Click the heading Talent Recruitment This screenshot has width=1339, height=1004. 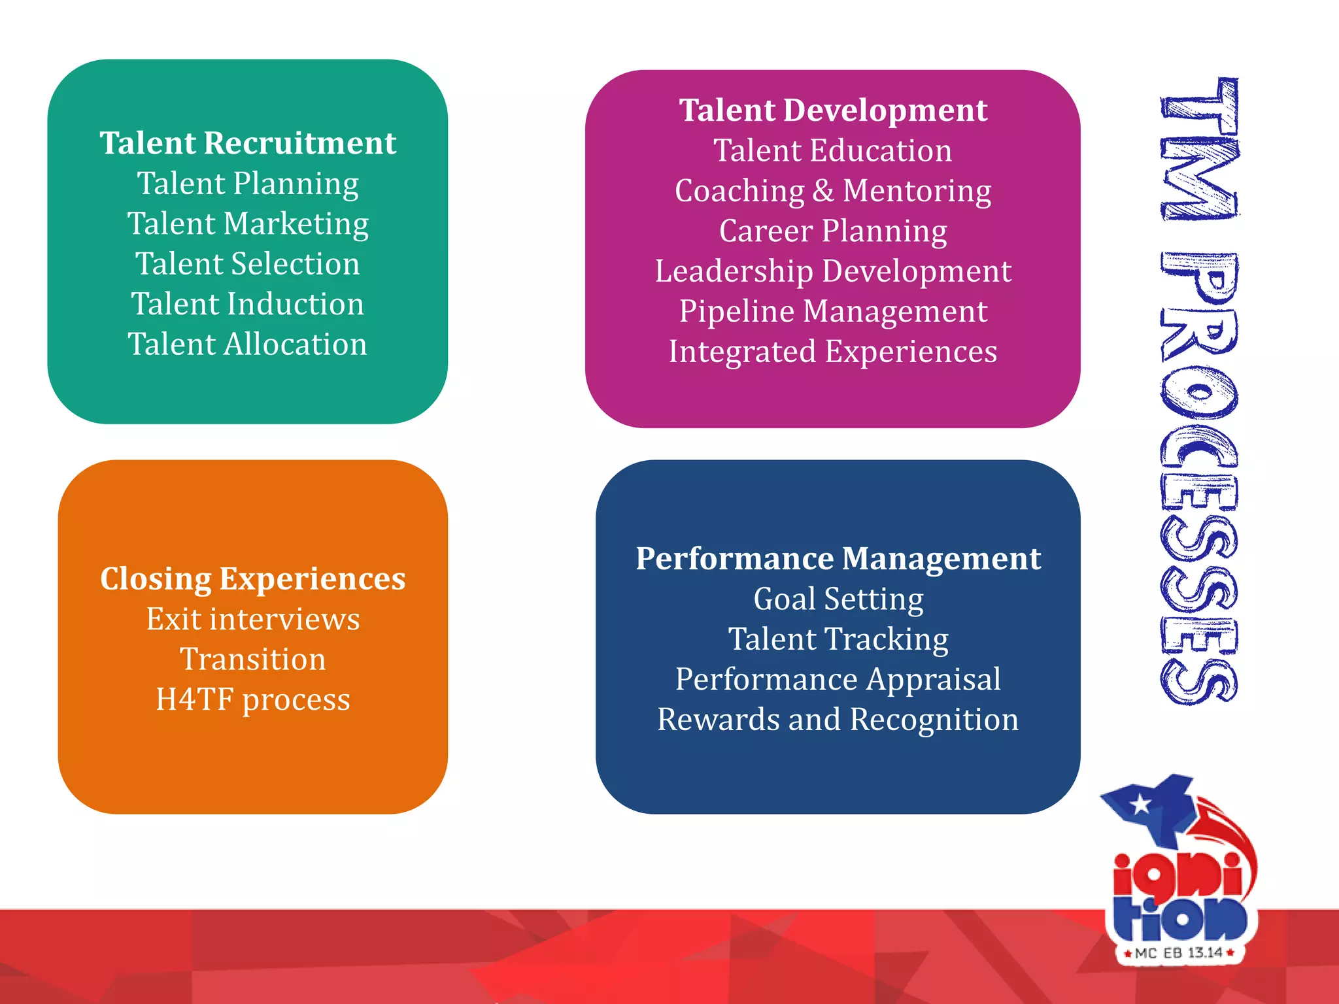248,143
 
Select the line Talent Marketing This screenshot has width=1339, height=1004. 248,224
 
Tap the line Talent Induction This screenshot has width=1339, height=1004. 248,304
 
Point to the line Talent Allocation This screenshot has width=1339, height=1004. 248,344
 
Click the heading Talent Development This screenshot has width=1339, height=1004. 833,110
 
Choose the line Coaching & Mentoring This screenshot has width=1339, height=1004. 833,191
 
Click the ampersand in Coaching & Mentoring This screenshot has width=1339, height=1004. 823,191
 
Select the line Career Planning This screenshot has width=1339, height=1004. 833,231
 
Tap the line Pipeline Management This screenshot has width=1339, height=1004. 833,311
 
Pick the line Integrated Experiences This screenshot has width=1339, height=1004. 833,352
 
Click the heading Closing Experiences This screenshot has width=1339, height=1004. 253,579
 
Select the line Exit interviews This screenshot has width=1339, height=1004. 253,619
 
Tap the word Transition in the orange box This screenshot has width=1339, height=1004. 253,659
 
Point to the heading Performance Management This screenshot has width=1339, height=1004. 838,559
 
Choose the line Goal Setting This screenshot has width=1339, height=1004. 838,599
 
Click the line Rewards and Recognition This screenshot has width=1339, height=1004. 838,720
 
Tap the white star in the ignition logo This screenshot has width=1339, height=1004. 1141,805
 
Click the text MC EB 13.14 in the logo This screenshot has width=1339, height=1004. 1179,953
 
